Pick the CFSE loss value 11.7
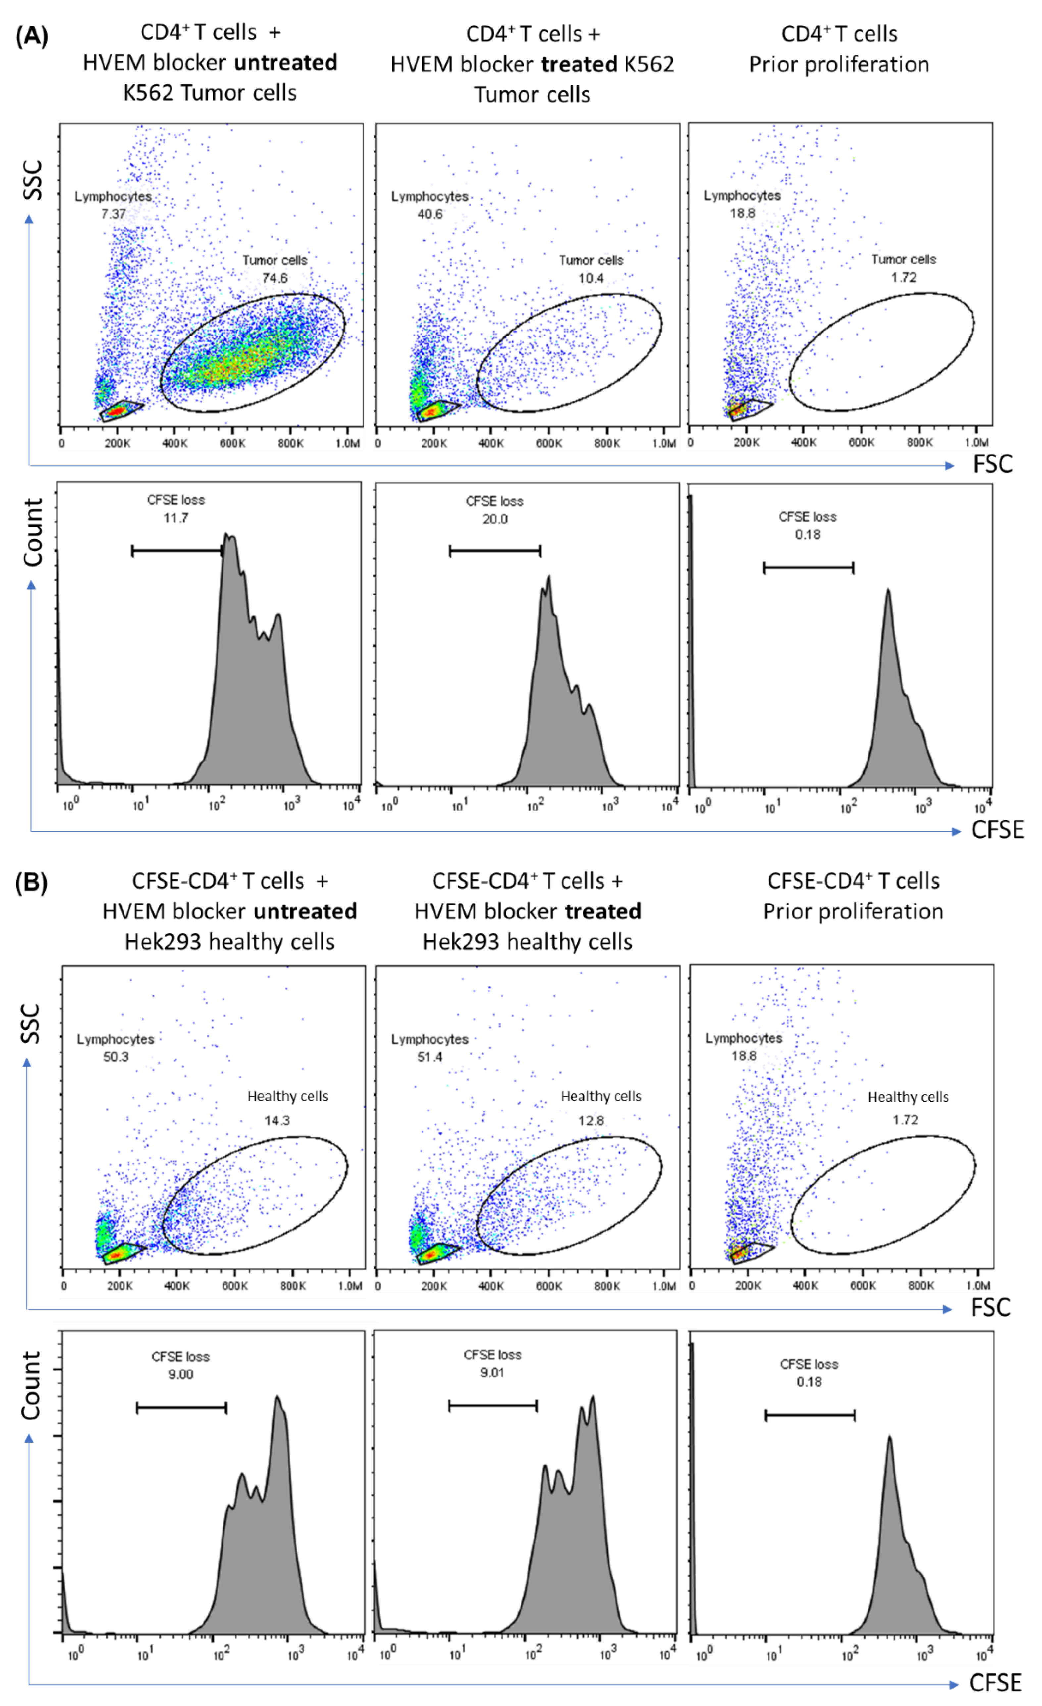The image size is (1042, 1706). pos(176,518)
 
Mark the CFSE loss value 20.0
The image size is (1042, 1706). pos(494,519)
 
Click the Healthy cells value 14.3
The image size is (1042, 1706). pos(277,1120)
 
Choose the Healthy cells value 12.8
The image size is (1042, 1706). pos(591,1120)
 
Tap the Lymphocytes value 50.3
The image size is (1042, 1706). pos(116,1057)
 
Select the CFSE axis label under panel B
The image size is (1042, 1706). pos(995,1682)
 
